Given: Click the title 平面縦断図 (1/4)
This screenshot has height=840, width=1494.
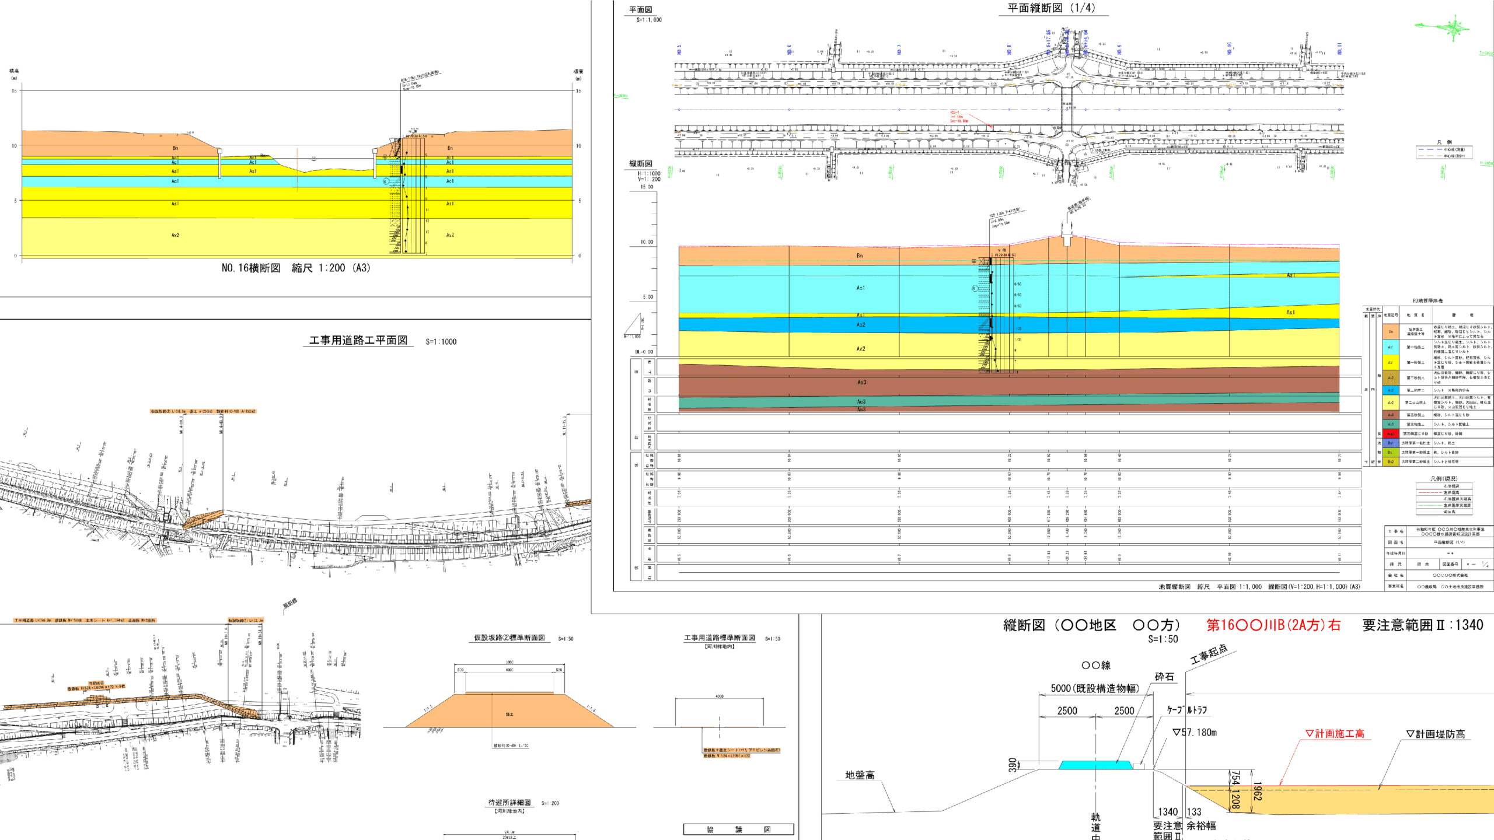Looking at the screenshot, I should tap(1051, 8).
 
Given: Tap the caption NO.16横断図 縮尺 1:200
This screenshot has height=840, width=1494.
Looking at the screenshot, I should tap(295, 268).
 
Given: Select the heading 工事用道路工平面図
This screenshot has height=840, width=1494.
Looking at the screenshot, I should tap(358, 341).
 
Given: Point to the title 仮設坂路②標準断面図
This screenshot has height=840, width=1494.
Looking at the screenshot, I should tap(509, 638).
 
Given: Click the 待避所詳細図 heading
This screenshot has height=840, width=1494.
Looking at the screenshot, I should tap(509, 803).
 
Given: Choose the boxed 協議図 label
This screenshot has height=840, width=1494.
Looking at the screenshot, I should tap(738, 829).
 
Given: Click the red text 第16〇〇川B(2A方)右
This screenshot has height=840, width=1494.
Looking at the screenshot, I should tap(1273, 625).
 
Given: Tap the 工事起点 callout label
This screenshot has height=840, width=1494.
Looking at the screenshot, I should tap(1209, 654).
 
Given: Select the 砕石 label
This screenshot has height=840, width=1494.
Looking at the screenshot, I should tap(1164, 677).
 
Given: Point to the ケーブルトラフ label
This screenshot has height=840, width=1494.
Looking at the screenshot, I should tap(1186, 710).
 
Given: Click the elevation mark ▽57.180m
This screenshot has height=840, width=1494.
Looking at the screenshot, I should tap(1195, 733).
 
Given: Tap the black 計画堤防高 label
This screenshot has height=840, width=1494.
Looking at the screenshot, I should tap(1436, 734).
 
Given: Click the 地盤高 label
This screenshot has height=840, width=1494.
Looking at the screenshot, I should tap(860, 775).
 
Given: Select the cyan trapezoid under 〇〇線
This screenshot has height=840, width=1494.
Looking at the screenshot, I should tap(1095, 765).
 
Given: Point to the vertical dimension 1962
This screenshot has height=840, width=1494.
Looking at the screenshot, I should tap(1257, 792).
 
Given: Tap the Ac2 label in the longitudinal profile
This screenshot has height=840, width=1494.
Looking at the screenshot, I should tap(861, 324).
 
